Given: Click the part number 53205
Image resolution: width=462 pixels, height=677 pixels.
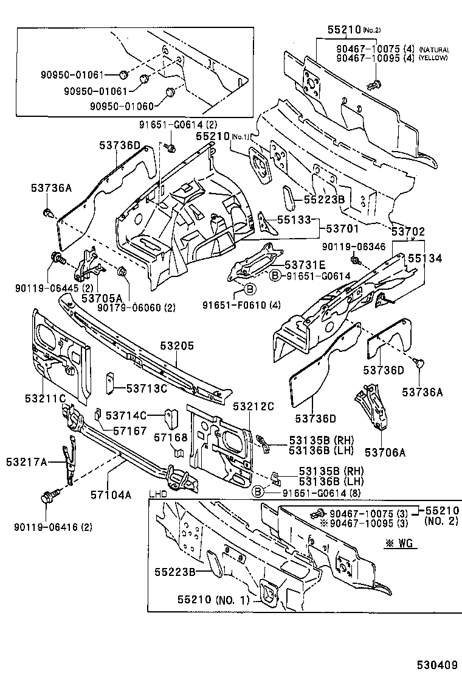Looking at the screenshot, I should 177,346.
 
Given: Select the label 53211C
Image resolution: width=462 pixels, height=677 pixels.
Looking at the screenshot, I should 45,398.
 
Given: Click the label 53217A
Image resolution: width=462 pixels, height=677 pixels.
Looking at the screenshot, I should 27,462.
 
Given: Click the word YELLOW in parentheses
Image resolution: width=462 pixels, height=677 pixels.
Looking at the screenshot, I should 433,58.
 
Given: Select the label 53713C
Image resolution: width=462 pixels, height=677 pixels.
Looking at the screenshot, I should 147,388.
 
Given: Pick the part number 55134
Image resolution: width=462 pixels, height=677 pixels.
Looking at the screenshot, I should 425,258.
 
